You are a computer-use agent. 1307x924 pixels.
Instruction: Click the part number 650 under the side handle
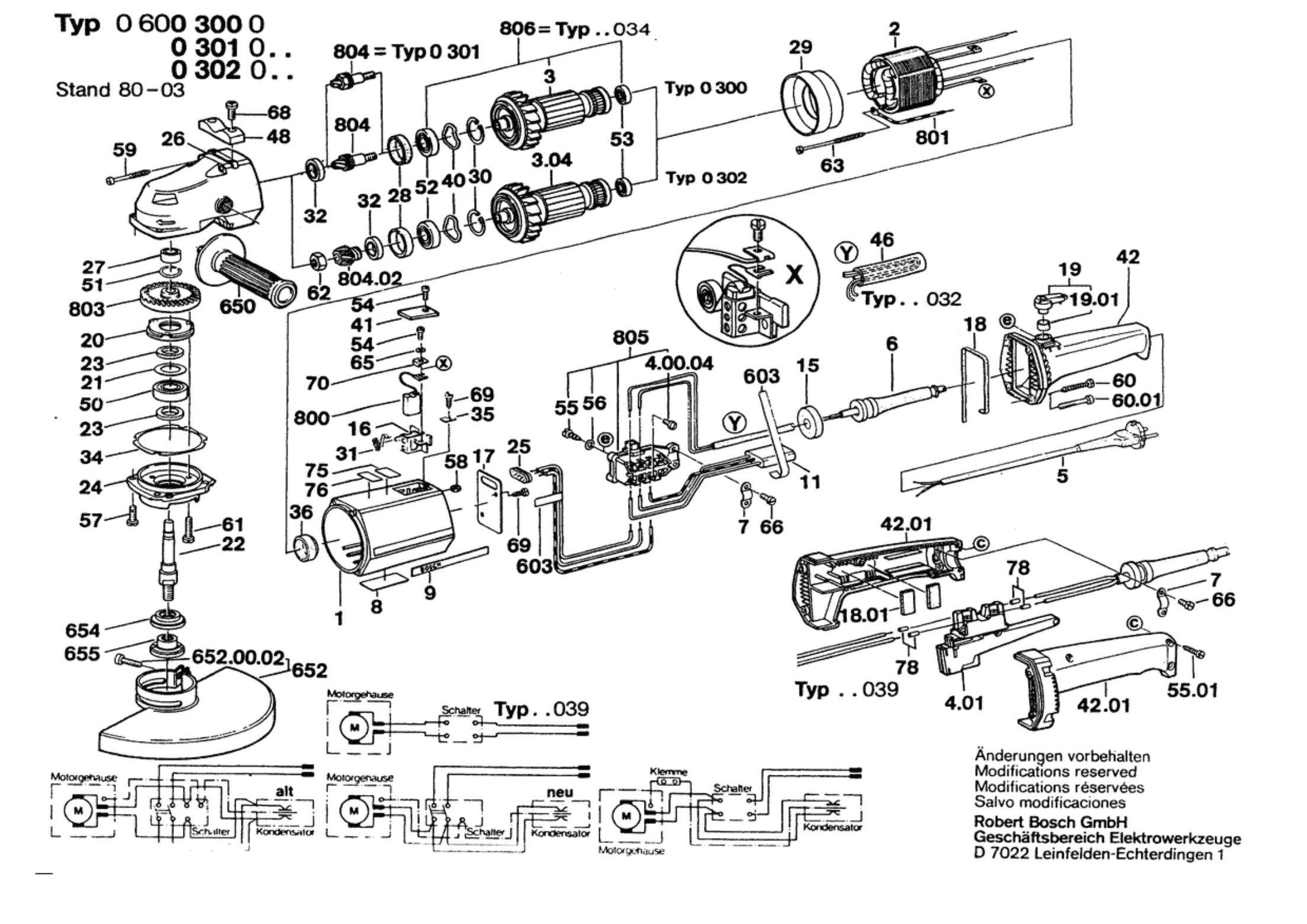[x=237, y=307]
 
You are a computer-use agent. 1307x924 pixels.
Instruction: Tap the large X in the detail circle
[x=794, y=274]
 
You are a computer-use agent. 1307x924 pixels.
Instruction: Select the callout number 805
[x=630, y=337]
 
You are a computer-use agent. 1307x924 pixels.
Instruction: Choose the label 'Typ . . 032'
[x=912, y=299]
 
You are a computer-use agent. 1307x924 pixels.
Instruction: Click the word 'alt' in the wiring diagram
[x=284, y=791]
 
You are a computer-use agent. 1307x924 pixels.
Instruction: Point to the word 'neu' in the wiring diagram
[x=559, y=792]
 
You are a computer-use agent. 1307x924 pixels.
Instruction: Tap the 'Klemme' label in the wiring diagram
[x=668, y=771]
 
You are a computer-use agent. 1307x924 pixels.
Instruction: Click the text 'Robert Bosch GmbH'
[x=1051, y=822]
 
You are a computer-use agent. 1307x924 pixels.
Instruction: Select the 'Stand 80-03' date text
[x=120, y=90]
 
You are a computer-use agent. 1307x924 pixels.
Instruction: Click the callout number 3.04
[x=551, y=160]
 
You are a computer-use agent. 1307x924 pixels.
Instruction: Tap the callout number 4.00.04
[x=678, y=363]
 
